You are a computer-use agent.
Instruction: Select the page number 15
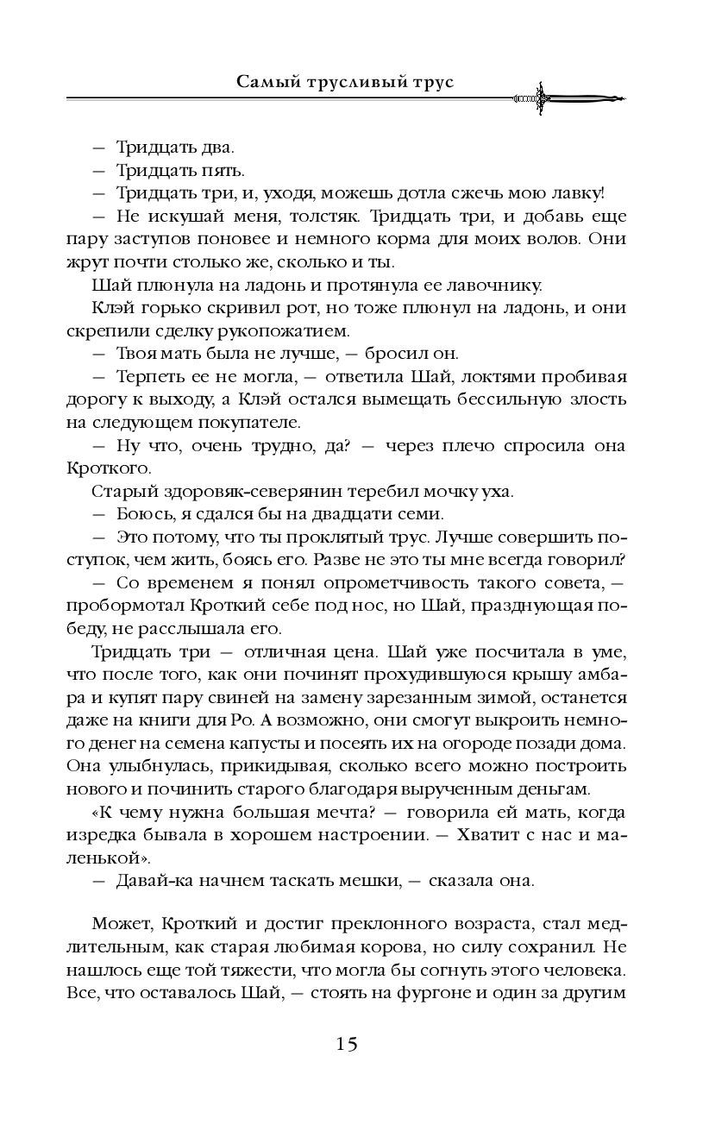(347, 1044)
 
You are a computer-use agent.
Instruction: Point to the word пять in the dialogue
(198, 170)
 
